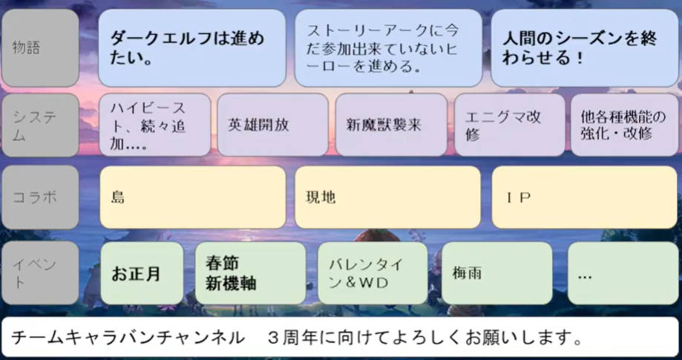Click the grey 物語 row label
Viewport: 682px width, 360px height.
(x=40, y=48)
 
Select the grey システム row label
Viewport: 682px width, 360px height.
(x=40, y=124)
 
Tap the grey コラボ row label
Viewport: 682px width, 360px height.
(x=40, y=197)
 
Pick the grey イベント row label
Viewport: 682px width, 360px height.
(x=40, y=272)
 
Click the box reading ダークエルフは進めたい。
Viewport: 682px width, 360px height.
(x=191, y=48)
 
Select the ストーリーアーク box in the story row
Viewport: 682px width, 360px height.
(x=388, y=48)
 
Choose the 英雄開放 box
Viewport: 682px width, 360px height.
(x=272, y=124)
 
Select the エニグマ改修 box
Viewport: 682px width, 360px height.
(x=508, y=124)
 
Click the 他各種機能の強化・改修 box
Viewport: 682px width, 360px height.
(x=624, y=124)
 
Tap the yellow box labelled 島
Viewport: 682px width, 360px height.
(x=191, y=197)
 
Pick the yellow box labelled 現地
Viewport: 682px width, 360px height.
(x=387, y=197)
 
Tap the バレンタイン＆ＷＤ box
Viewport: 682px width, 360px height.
(x=373, y=273)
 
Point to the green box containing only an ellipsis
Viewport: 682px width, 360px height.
(x=622, y=273)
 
